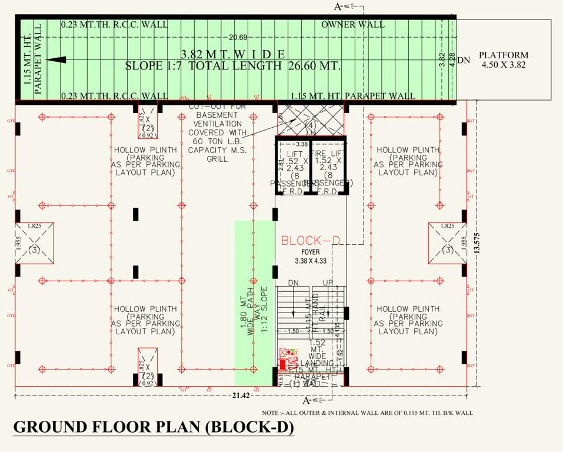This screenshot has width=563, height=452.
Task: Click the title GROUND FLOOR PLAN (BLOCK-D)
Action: pos(153,427)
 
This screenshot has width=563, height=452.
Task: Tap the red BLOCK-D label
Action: pos(311,241)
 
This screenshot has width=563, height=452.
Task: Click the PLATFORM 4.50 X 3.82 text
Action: pos(503,59)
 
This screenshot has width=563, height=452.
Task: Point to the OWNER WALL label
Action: pos(353,25)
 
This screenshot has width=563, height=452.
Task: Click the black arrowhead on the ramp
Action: pos(55,60)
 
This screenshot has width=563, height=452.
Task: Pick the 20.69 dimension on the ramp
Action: pos(238,38)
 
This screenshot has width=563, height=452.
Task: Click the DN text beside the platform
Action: pos(464,60)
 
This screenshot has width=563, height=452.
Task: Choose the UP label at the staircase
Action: pos(328,284)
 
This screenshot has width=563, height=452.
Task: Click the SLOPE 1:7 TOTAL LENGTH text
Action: pos(233,66)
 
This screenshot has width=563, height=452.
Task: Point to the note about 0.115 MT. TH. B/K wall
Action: pos(367,413)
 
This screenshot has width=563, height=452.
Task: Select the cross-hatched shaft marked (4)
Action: pos(310,121)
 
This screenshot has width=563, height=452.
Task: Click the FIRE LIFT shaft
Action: pos(327,167)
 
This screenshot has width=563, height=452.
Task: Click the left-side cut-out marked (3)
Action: pos(34,243)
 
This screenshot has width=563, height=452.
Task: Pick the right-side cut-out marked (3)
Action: pos(447,243)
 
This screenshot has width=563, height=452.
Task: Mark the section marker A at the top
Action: pos(339,6)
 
